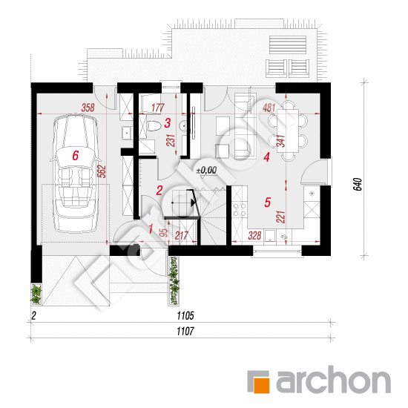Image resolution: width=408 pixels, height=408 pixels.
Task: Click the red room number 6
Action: tap(75, 156)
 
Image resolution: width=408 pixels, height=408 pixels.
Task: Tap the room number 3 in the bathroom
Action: tap(168, 123)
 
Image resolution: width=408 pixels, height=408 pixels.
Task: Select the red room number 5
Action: tap(268, 203)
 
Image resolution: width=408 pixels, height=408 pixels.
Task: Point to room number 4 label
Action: tap(266, 157)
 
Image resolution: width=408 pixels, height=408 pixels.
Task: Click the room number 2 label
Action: tap(159, 191)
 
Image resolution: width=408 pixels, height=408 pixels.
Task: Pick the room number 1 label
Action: tap(151, 228)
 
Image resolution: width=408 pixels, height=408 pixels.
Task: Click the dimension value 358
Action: tap(88, 108)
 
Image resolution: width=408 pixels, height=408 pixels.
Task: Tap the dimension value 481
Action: tap(269, 108)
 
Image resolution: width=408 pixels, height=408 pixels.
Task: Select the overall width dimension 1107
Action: tap(185, 332)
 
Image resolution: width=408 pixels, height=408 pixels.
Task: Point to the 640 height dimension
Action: tap(358, 184)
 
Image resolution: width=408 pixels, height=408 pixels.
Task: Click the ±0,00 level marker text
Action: tap(207, 171)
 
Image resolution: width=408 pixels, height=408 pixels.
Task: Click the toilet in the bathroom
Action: tap(154, 126)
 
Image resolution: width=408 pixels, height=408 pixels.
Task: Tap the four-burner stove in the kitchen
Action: tap(240, 210)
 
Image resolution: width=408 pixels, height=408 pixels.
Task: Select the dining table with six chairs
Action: tap(288, 131)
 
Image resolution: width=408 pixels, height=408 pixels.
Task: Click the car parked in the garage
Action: tap(75, 173)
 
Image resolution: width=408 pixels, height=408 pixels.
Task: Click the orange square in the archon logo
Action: tap(262, 384)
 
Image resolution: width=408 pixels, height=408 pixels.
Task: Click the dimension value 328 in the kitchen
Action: tap(254, 235)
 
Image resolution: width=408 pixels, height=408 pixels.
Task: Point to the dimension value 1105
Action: tap(185, 316)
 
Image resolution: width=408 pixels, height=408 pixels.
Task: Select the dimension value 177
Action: tap(158, 108)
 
